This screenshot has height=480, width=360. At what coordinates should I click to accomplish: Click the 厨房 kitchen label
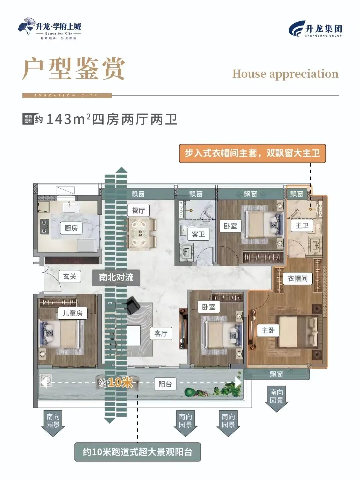[71, 228]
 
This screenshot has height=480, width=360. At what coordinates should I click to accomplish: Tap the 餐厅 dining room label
[138, 210]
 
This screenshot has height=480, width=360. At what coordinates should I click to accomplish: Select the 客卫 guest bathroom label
[198, 234]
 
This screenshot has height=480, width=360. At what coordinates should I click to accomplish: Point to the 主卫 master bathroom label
[302, 226]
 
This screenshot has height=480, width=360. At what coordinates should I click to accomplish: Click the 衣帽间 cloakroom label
[298, 278]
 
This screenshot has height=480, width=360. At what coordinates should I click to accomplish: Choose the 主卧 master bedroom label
[268, 330]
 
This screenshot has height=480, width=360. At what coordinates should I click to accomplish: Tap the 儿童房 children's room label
[73, 313]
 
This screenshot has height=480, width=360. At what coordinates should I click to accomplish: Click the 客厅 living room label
[161, 333]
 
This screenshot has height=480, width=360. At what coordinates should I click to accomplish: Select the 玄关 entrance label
[70, 276]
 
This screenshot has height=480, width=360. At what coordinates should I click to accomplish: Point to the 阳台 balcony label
[165, 384]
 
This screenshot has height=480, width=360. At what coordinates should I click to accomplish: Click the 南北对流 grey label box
[116, 277]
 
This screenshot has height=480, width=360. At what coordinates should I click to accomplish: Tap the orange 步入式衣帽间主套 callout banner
[252, 153]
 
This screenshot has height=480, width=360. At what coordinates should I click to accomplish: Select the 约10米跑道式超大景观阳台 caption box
[137, 452]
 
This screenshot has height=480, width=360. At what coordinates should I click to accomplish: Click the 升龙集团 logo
[315, 29]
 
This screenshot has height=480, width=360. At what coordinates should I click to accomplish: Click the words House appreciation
[285, 74]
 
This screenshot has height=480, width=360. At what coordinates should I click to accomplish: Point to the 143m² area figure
[68, 119]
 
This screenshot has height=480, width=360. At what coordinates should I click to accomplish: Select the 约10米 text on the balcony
[116, 382]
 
